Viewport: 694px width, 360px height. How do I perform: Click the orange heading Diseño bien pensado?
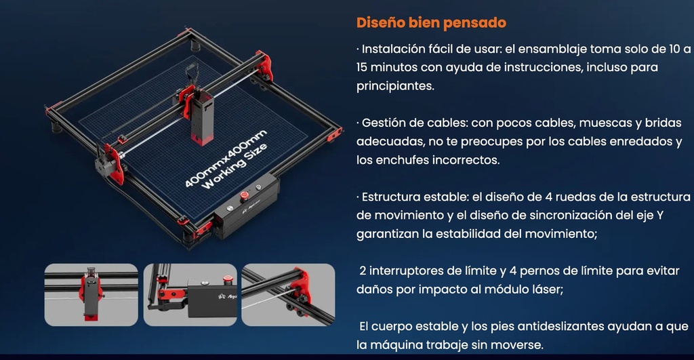pos(431,22)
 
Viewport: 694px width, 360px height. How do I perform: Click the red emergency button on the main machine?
pos(244,195)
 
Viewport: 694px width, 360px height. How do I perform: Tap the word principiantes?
pos(395,86)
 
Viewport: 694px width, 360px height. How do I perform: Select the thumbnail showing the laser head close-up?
pos(91,295)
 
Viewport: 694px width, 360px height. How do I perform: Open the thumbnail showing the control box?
pos(190,295)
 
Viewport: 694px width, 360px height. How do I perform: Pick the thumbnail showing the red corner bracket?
pos(288,295)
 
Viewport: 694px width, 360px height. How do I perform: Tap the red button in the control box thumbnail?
pos(228,279)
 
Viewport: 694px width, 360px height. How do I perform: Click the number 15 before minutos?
pos(362,67)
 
